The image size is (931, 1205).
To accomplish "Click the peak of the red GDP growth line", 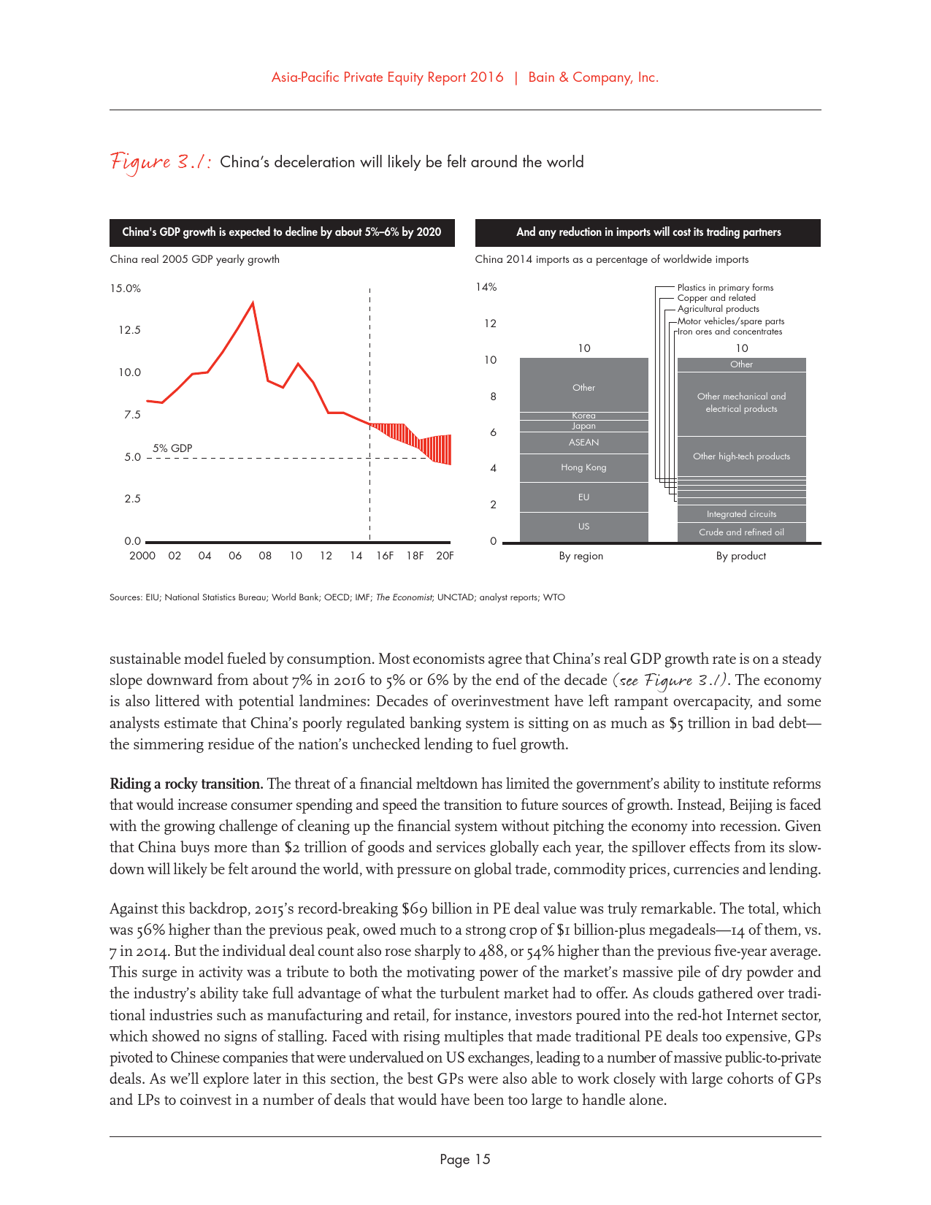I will (253, 302).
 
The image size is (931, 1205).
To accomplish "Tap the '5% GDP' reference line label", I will (172, 448).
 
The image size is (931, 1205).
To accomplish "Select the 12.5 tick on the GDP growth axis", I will (129, 330).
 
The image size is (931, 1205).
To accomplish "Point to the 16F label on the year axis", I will (385, 556).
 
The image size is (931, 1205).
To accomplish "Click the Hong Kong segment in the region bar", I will (583, 467).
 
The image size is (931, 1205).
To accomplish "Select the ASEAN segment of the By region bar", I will (583, 443).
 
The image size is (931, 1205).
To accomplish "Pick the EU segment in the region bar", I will (583, 497).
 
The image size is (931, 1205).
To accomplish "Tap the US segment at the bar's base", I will (583, 527).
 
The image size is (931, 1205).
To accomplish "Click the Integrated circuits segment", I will (741, 514).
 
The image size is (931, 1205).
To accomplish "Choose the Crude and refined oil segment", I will (741, 532).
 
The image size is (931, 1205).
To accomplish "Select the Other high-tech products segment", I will (741, 456).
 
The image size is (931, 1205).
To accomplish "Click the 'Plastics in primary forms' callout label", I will (725, 288).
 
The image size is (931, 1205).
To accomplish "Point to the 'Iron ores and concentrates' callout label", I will (730, 332).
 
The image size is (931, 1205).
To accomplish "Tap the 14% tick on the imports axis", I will (486, 287).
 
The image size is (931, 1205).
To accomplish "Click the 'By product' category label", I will (740, 556).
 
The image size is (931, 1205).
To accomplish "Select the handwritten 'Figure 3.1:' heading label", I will (161, 162).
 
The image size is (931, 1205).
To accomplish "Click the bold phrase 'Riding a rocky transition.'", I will (186, 784).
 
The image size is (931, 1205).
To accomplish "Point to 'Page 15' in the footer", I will (465, 1160).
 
